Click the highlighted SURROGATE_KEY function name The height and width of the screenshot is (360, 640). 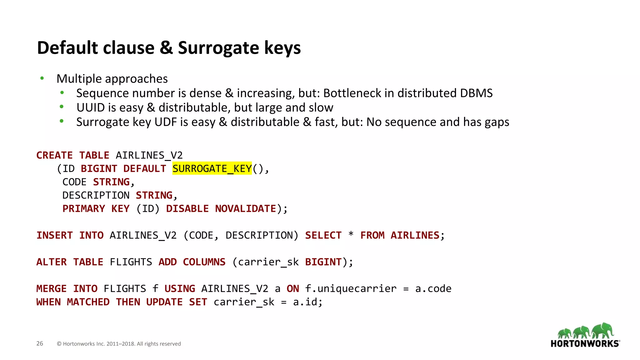click(x=212, y=169)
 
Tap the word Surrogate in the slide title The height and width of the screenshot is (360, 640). click(x=218, y=48)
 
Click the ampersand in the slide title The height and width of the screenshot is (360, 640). click(x=166, y=48)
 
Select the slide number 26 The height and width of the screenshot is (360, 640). click(x=40, y=343)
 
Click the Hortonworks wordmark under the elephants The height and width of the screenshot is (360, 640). click(x=585, y=344)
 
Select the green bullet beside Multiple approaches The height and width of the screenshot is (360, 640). click(x=42, y=78)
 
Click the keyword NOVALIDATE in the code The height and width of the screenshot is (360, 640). click(x=246, y=208)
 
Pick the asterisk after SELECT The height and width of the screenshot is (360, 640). click(x=351, y=234)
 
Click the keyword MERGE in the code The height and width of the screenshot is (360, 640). click(x=52, y=288)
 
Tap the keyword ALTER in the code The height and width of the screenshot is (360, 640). click(x=52, y=262)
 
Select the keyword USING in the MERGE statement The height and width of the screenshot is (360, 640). click(x=180, y=288)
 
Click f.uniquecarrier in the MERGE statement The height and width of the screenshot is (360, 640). click(x=351, y=288)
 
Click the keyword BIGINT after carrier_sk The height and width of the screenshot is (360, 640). click(x=323, y=262)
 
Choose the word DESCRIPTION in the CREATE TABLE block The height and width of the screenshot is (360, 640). click(x=96, y=195)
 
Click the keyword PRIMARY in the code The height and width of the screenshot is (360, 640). click(x=84, y=208)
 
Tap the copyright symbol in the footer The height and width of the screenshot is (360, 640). click(x=59, y=344)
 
